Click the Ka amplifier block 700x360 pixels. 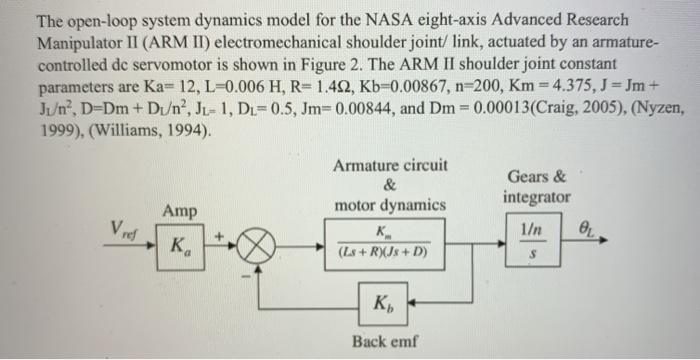pyautogui.click(x=177, y=245)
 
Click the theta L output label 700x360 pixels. pyautogui.click(x=594, y=230)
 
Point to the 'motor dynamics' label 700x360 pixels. pyautogui.click(x=389, y=205)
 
